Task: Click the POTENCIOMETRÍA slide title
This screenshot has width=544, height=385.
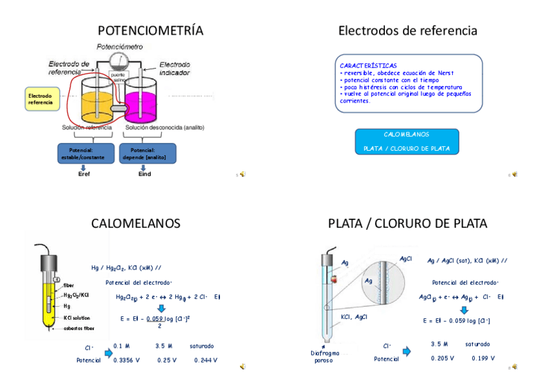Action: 150,30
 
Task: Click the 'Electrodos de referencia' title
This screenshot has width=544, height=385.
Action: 407,30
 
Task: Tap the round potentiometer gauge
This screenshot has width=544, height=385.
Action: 119,61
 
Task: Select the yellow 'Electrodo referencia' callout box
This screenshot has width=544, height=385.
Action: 41,99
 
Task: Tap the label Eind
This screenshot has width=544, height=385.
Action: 145,174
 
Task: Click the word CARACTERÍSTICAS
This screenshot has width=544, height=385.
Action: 368,65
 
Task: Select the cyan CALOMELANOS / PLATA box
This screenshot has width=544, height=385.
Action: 407,141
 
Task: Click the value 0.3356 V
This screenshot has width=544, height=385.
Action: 126,360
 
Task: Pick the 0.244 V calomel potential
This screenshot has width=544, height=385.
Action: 205,360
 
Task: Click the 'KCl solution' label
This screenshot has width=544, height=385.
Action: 77,318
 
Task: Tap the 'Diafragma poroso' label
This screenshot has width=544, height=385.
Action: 324,356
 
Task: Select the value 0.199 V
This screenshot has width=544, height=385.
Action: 483,358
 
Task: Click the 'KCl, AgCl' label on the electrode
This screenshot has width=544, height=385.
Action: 354,317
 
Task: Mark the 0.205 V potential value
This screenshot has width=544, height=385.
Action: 443,358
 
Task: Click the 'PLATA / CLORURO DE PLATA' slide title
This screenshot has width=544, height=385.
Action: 407,223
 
